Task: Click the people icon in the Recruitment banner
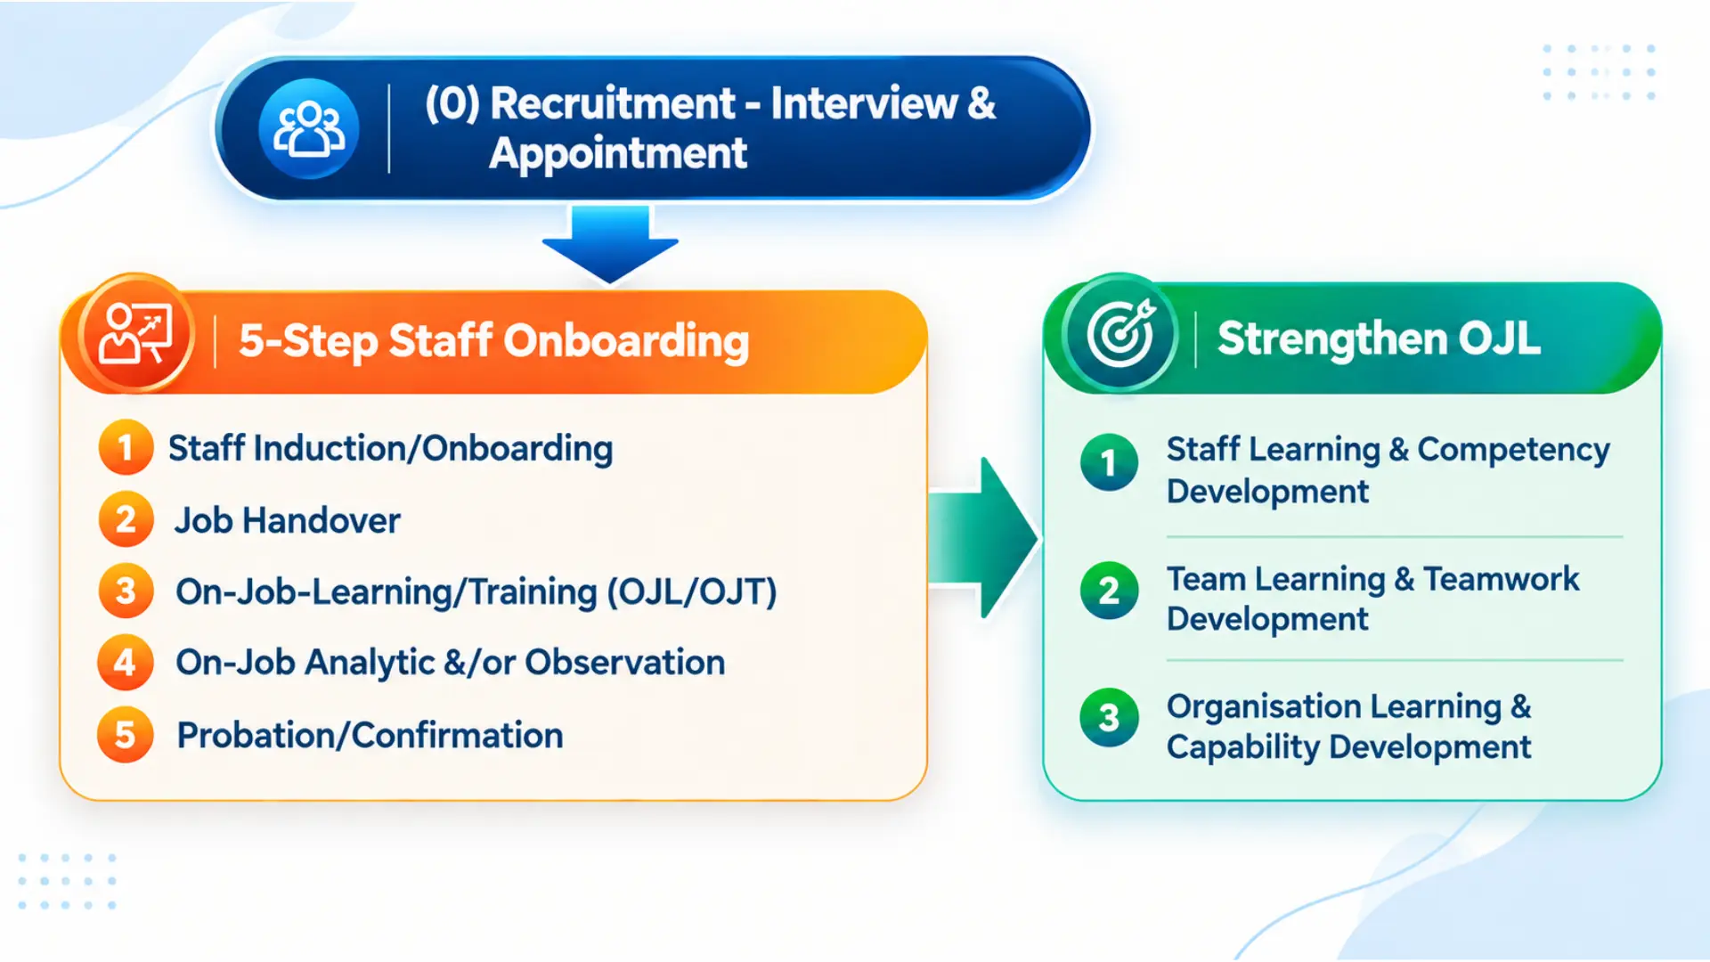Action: [x=309, y=129]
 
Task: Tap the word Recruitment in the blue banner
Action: [x=613, y=103]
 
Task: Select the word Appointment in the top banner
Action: [x=618, y=154]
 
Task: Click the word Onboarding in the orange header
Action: [x=626, y=342]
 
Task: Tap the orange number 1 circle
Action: [x=126, y=447]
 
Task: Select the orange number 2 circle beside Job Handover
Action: [x=126, y=519]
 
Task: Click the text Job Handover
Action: [x=288, y=521]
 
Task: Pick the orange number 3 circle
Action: [x=126, y=591]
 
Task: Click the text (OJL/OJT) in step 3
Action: [x=692, y=592]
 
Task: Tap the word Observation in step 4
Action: [x=625, y=663]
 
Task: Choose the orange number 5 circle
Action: [x=126, y=735]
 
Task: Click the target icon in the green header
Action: [x=1120, y=335]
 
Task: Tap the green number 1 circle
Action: [x=1109, y=462]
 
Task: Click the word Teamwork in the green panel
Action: [x=1502, y=580]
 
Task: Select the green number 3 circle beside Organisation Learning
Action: [x=1109, y=717]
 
